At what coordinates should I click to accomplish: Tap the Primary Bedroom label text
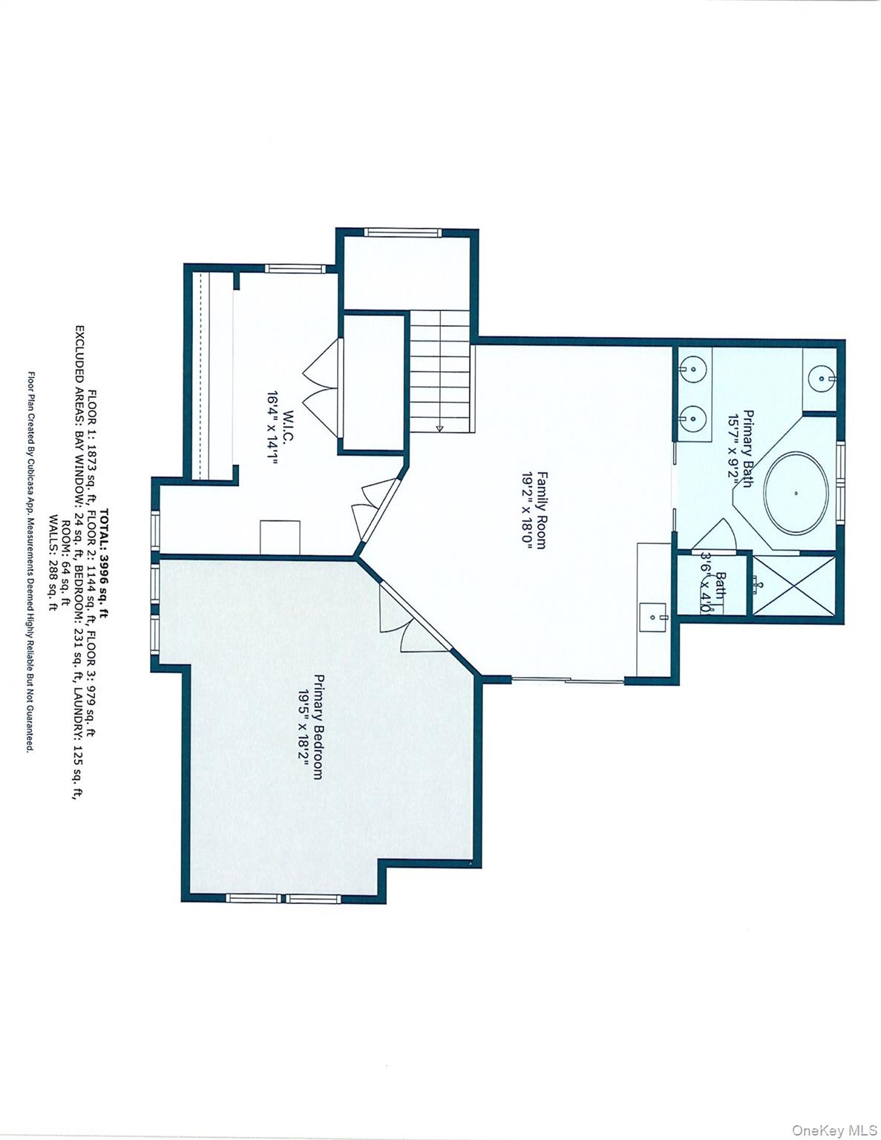(x=318, y=726)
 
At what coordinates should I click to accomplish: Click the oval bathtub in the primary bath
(x=796, y=493)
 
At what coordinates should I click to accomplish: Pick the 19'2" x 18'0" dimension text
(x=527, y=510)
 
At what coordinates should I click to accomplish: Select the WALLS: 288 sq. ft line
(x=52, y=562)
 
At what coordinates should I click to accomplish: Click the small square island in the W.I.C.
(x=280, y=537)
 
